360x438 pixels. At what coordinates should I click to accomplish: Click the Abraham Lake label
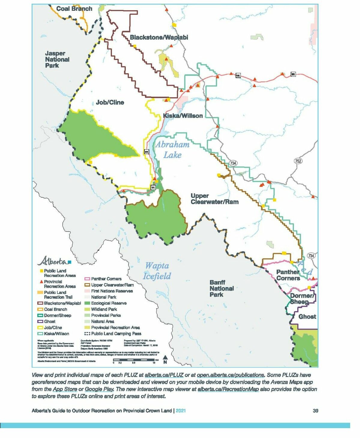click(x=172, y=150)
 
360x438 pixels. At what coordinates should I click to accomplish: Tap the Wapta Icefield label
click(x=157, y=271)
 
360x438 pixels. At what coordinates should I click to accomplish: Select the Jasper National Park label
click(x=57, y=59)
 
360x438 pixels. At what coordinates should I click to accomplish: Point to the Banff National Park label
click(x=221, y=288)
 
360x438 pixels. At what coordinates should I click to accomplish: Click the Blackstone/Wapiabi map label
click(x=159, y=38)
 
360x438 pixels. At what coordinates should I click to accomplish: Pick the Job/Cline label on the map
click(x=110, y=102)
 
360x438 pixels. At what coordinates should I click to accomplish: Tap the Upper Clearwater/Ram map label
click(x=214, y=199)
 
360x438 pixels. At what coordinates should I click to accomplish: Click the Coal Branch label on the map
click(x=74, y=9)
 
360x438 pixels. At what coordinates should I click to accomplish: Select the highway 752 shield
click(x=298, y=161)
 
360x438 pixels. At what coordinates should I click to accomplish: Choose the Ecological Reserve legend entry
click(x=108, y=303)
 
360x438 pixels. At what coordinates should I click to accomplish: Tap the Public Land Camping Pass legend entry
click(x=116, y=334)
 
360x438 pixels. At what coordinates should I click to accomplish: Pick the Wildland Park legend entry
click(x=104, y=309)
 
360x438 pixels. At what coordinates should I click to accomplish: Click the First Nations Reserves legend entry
click(x=111, y=291)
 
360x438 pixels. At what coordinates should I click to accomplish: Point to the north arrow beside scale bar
click(x=165, y=359)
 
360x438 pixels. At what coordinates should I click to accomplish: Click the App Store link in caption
click(x=65, y=389)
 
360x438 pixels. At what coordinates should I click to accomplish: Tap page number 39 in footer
click(x=315, y=411)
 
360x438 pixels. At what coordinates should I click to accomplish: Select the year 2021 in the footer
click(x=180, y=411)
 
